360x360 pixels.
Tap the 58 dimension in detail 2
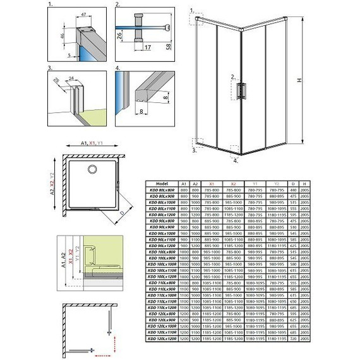(x=169, y=47)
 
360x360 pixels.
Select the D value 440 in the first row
(x=294, y=189)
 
